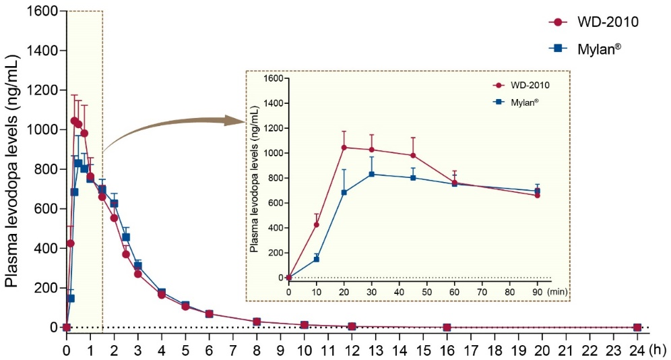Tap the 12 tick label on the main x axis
click(352, 350)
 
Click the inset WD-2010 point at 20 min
click(344, 147)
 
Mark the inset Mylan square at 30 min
click(372, 174)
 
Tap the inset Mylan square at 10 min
click(316, 259)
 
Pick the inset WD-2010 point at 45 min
click(413, 155)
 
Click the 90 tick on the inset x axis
click(538, 291)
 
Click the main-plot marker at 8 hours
click(257, 322)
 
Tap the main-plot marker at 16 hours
click(447, 327)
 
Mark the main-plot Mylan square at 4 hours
click(162, 293)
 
